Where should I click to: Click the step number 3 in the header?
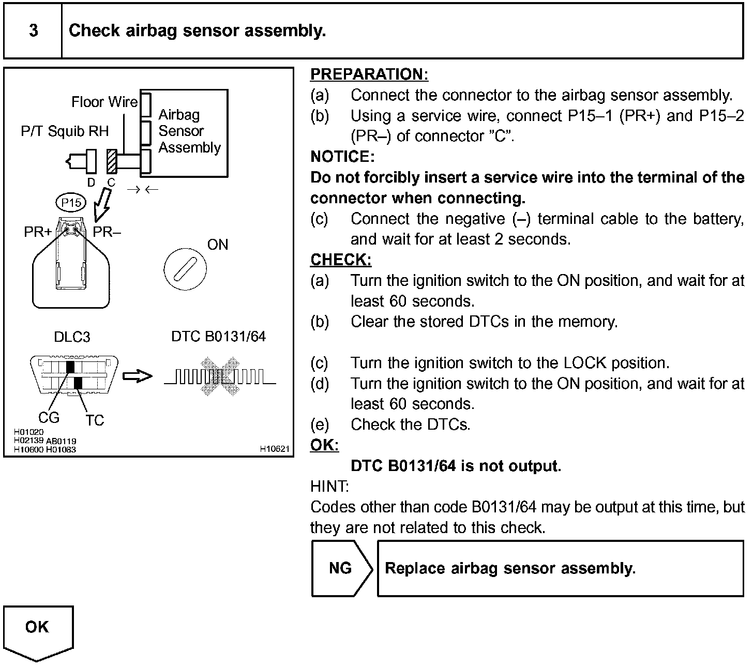point(34,31)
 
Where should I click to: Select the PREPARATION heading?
point(369,74)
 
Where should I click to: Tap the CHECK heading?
point(341,260)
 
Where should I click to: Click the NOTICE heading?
point(342,157)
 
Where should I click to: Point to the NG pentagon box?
point(341,568)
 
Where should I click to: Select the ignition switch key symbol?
point(185,269)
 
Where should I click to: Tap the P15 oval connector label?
point(71,203)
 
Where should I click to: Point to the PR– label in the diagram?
point(107,232)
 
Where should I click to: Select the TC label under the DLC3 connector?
point(95,420)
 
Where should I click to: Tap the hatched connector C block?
point(111,161)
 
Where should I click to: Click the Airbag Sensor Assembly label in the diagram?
point(189,131)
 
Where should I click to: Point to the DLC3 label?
point(72,337)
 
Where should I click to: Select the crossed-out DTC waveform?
point(220,377)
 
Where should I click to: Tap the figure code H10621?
point(274,449)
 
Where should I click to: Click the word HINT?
point(329,487)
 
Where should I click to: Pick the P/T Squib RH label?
point(65,131)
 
